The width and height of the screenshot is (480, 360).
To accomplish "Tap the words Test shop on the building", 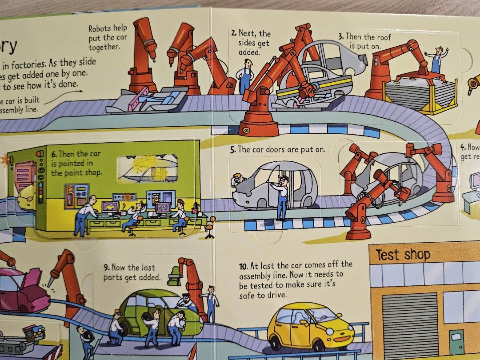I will click(x=403, y=255).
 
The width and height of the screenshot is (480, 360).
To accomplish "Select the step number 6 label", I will click(x=54, y=154).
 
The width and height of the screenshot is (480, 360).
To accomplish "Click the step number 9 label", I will click(x=106, y=268).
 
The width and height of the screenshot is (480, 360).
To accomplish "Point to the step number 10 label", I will click(x=243, y=266).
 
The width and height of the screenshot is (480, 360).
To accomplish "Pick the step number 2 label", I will click(x=233, y=33).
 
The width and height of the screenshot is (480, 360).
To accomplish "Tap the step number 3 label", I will click(x=340, y=36).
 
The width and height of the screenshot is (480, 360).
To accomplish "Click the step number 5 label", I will click(x=232, y=150).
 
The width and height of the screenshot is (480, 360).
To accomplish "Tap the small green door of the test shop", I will click(x=456, y=342).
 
